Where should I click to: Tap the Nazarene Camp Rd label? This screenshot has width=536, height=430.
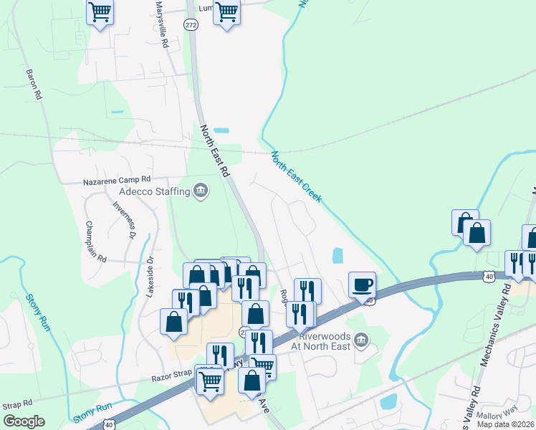pyautogui.click(x=117, y=180)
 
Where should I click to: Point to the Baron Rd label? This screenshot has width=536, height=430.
pyautogui.click(x=34, y=84)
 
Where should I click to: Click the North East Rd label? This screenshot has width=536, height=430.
pyautogui.click(x=214, y=151)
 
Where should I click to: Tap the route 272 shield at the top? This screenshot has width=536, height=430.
pyautogui.click(x=191, y=25)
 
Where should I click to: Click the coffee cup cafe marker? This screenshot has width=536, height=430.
pyautogui.click(x=362, y=284)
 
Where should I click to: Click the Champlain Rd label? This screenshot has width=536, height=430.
pyautogui.click(x=95, y=241)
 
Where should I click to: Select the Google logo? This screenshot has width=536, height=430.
pyautogui.click(x=24, y=421)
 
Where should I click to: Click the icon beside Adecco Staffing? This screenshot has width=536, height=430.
pyautogui.click(x=201, y=191)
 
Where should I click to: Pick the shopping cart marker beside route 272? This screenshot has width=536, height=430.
pyautogui.click(x=226, y=11)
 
